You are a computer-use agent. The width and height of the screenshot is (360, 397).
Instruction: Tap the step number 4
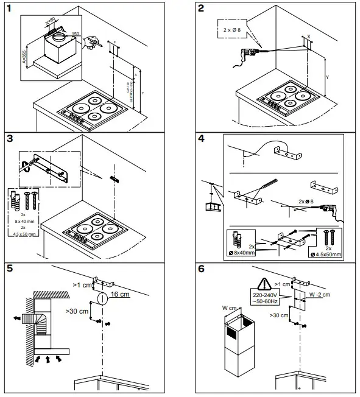[201, 138]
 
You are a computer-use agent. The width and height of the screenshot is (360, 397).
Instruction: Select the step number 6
[201, 269]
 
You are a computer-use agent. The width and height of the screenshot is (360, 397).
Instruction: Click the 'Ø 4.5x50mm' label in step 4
[325, 253]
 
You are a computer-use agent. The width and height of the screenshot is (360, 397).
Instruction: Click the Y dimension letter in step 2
[327, 78]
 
